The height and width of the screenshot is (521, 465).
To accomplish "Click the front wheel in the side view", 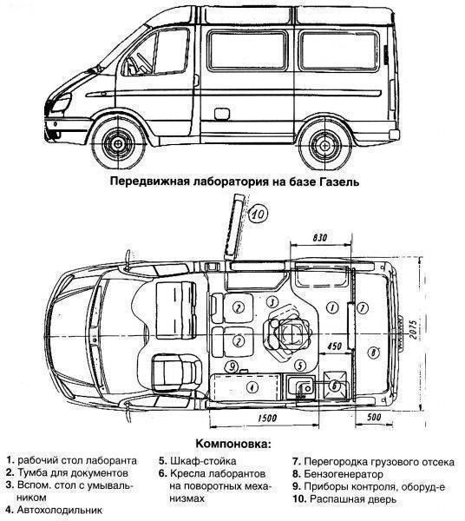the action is pos(117,143).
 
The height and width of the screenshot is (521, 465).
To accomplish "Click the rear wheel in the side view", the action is pos(324,145).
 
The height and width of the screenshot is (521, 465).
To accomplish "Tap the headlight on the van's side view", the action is pos(62,102).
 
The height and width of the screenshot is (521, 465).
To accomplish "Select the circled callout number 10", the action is pos(258,214).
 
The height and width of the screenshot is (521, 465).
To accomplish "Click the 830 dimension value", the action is pos(320,238).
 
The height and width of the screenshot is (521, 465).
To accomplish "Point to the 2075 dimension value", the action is pos(413,329).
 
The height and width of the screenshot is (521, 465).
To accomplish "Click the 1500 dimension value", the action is pos(267,418).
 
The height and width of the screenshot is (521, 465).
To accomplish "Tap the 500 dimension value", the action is pos(374,417).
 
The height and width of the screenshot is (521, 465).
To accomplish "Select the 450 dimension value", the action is pos(334,346).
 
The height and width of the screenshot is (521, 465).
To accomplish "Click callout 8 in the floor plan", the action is pos(373,353).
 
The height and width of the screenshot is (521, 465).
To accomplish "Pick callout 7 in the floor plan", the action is pos(363,308).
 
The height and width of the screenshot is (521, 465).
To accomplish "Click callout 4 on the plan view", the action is pos(252,387).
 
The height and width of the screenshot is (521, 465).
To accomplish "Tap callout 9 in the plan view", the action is pos(232,366).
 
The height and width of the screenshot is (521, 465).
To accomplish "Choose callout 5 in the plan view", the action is pos(300,366).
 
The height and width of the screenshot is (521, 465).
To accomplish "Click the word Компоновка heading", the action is pos(232,444).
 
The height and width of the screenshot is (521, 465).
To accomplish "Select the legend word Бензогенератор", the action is pos(344,474).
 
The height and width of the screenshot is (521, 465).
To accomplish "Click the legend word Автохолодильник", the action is pos(60,510).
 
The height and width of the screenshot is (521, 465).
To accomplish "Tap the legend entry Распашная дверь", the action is pos(353,498).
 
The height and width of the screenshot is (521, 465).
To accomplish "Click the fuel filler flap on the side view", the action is pos(222,114).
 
